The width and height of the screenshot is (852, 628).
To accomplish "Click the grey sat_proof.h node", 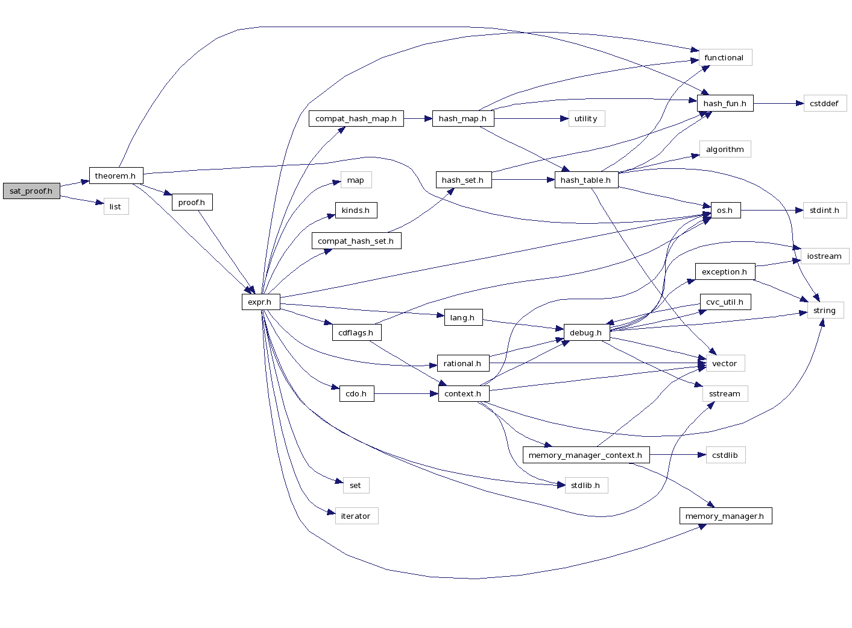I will (x=31, y=191).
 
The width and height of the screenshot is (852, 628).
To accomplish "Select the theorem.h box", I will (x=116, y=176).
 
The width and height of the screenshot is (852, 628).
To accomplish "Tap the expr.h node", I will (x=260, y=302).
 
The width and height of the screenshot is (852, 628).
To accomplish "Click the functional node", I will (x=724, y=57).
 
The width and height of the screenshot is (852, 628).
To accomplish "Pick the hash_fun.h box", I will (x=725, y=103).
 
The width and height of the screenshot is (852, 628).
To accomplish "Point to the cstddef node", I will (x=824, y=103).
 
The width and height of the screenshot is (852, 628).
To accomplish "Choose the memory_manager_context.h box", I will (x=585, y=455).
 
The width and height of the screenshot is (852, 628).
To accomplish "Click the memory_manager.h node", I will (x=725, y=516).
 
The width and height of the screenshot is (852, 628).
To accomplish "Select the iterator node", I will (x=356, y=516).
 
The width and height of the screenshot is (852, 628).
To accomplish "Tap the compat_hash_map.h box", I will (x=356, y=118).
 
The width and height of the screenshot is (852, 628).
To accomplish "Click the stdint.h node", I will (x=824, y=210).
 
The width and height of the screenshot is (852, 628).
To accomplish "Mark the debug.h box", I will (x=586, y=332).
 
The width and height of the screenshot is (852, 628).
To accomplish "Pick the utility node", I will (x=586, y=118).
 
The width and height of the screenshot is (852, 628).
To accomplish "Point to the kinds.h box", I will (x=356, y=210).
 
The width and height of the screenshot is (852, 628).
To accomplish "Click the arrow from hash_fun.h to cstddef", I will (x=778, y=103).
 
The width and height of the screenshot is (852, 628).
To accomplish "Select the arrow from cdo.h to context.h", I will (x=406, y=394).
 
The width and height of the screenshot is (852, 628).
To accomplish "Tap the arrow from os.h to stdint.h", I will (x=772, y=210).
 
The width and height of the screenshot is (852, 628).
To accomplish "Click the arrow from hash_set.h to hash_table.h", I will (x=523, y=180).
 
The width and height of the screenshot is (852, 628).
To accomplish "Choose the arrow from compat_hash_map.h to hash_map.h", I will (x=418, y=118).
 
